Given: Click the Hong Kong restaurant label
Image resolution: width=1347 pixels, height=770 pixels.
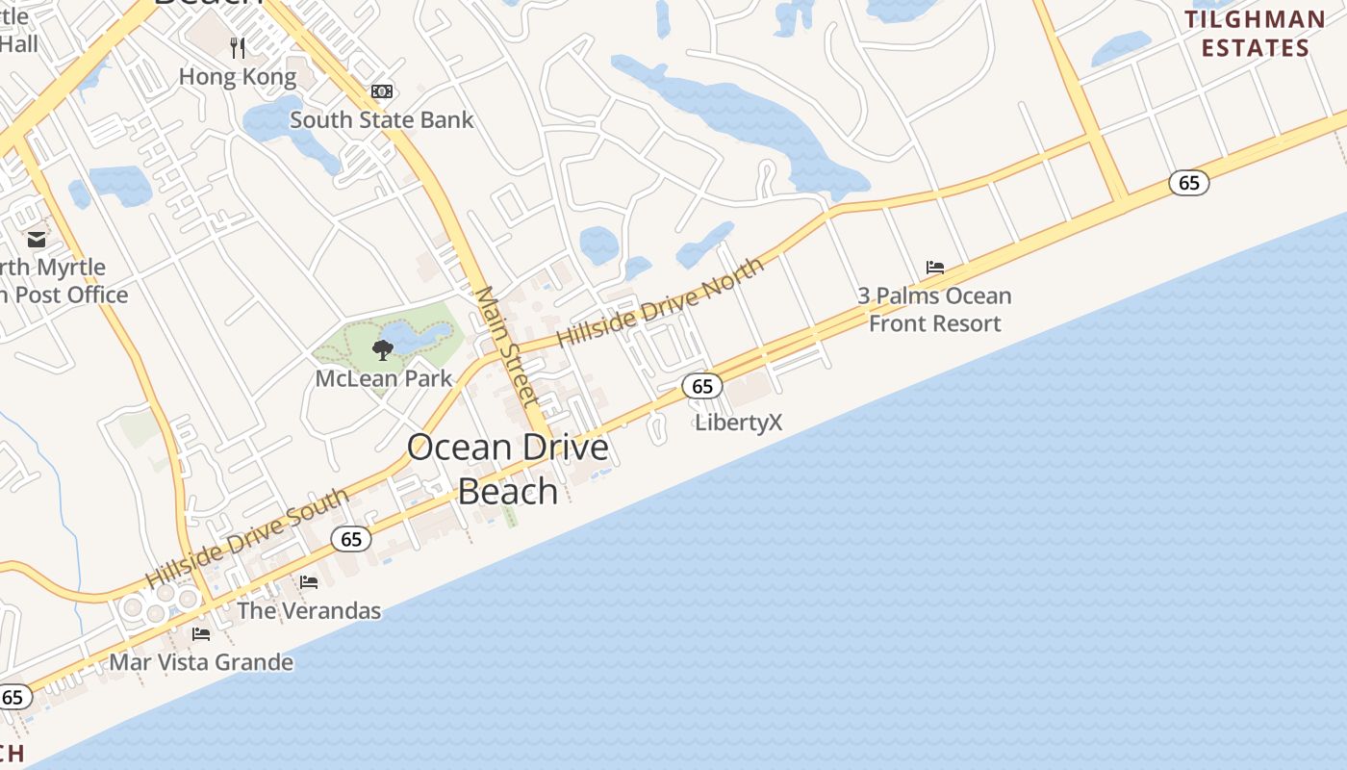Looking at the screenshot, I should coord(238,76).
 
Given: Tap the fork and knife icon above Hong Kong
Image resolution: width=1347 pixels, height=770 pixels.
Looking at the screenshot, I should coord(239,47).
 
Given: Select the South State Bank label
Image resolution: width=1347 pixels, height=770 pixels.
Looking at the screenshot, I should coord(382,120).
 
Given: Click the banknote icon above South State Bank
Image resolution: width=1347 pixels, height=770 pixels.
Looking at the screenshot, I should coord(382,91).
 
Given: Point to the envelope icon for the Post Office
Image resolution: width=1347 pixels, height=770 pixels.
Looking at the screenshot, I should coord(37,240).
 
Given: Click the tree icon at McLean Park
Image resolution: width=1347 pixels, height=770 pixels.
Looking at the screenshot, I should coord(383,348).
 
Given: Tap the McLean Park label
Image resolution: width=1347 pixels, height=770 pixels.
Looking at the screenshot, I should coord(384,378).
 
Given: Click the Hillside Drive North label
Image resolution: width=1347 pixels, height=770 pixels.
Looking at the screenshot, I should coord(660,302).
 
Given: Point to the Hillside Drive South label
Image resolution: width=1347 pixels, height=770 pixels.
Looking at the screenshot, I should coord(247,539).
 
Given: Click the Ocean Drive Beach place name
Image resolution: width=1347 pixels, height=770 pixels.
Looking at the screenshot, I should coord(508,469).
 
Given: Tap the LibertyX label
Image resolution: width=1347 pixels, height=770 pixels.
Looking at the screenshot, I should coord(739,422).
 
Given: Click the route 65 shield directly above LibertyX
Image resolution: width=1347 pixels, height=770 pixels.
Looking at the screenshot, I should coord(702,387).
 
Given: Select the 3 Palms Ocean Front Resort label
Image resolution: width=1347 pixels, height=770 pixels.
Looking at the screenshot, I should coord(935,309).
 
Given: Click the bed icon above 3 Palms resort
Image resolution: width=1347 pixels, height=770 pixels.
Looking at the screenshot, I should coord(935,267).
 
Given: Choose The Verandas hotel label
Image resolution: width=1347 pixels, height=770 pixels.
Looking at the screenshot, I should coord(309,610).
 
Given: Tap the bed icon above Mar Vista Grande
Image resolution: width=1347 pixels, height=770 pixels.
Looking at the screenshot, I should coord(201,634).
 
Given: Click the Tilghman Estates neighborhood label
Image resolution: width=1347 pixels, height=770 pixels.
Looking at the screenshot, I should coord(1255,34).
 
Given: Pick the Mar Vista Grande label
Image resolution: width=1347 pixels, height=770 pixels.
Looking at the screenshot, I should coord(201,662).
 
